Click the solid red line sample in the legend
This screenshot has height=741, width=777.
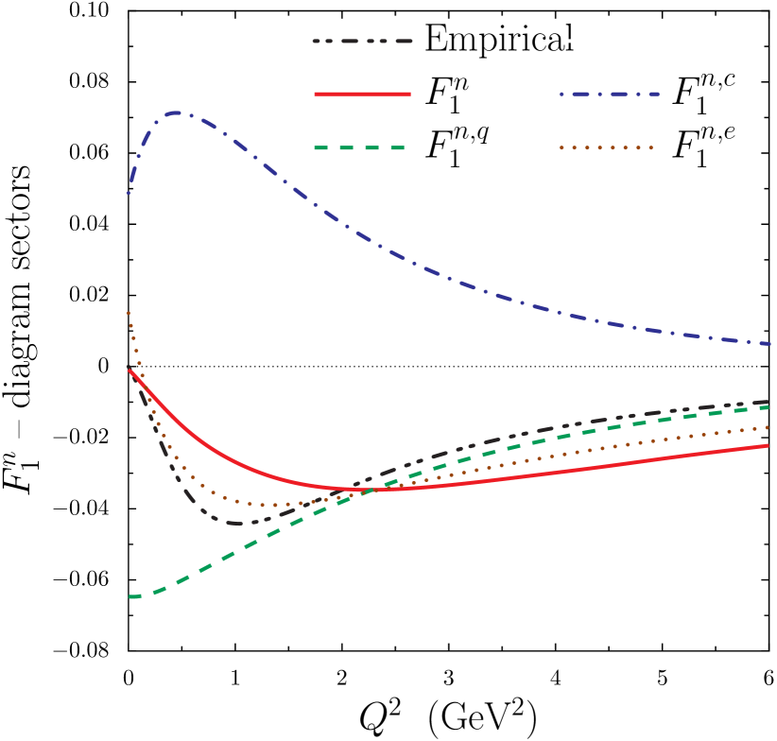[362, 94]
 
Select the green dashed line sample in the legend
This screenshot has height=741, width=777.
[359, 147]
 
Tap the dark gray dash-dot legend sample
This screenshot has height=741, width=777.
[362, 42]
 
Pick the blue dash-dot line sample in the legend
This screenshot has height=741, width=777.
[609, 95]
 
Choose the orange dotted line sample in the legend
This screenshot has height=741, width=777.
[606, 147]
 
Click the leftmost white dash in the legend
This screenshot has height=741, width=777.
[568, 42]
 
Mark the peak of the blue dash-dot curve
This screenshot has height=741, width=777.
[177, 112]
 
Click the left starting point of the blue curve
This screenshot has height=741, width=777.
[129, 193]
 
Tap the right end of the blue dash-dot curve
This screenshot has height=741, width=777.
[770, 343]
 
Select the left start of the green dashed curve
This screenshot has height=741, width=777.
[130, 596]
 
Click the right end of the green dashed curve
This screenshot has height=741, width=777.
[768, 407]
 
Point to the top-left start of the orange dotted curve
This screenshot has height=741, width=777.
[129, 312]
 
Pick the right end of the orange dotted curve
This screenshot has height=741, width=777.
[768, 427]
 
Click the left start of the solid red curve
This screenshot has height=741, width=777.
[129, 370]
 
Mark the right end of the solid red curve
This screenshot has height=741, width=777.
[768, 445]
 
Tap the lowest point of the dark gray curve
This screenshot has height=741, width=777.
[241, 523]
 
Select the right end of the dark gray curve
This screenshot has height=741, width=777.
[768, 401]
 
